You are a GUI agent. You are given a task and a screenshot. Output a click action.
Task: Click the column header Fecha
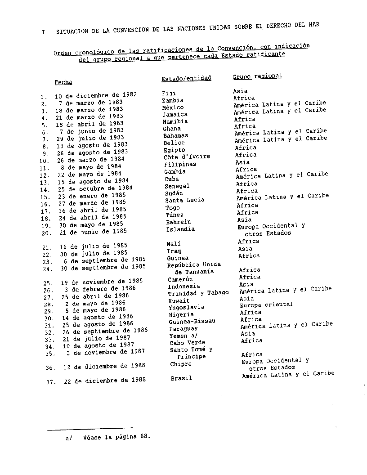63,82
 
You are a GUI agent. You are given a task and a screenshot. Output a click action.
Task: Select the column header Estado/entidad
186,78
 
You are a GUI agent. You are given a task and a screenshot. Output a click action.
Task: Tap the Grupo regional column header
257,76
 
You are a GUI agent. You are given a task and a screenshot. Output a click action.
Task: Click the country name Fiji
169,94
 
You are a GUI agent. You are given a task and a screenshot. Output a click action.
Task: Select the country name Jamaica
175,115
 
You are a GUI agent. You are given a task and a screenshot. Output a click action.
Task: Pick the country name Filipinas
180,164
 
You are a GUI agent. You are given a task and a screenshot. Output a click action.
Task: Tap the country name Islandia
180,229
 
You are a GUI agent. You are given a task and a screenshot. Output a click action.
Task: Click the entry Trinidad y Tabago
198,293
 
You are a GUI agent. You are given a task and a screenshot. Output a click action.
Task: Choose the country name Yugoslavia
186,307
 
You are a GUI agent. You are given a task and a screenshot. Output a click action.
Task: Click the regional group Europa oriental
266,305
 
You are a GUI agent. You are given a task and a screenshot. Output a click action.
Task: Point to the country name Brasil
181,378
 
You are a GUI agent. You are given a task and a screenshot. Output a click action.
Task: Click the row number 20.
46,233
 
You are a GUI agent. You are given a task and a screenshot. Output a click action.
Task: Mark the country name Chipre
181,364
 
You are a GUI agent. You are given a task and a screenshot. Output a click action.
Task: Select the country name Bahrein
178,222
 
